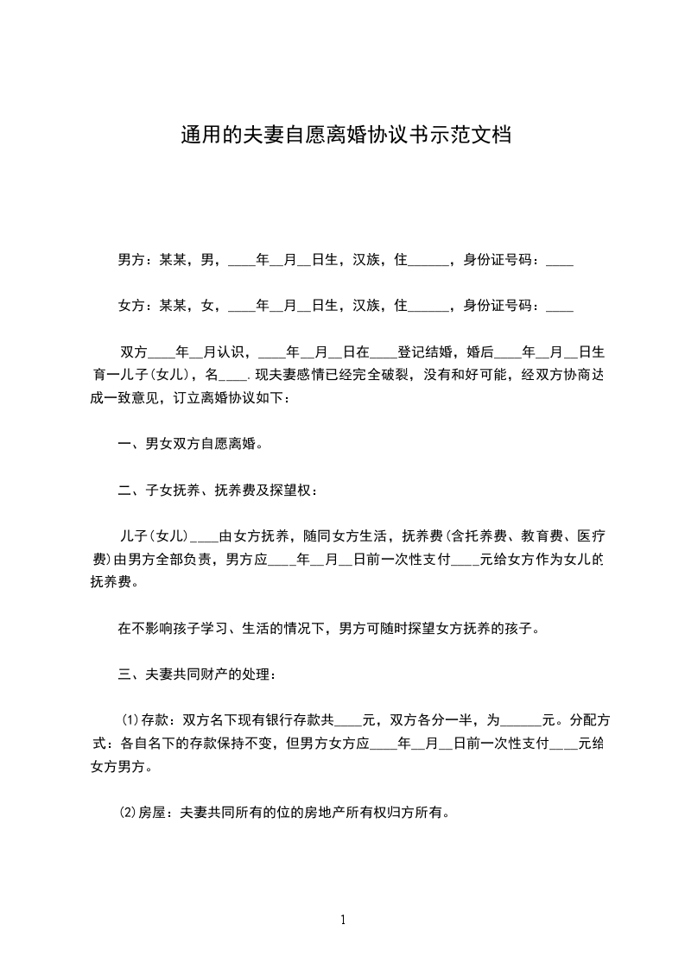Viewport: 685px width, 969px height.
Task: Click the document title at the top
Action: click(345, 136)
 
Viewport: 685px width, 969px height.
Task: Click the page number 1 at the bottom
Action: click(343, 920)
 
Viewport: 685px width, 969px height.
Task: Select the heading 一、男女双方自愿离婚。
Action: click(190, 444)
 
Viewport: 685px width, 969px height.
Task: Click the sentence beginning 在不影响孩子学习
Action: click(328, 628)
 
